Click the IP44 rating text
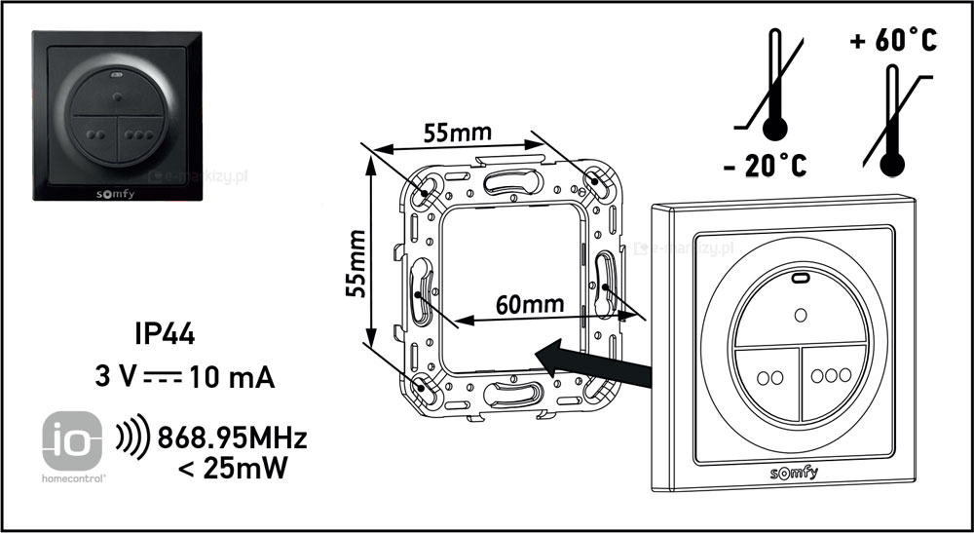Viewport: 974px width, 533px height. pyautogui.click(x=165, y=335)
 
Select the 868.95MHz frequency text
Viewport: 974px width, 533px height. pyautogui.click(x=231, y=438)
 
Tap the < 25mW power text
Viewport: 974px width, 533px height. pyautogui.click(x=233, y=470)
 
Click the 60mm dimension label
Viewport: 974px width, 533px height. pyautogui.click(x=531, y=304)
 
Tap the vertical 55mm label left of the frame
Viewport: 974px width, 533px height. pyautogui.click(x=357, y=263)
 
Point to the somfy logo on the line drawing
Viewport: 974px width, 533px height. pyautogui.click(x=795, y=474)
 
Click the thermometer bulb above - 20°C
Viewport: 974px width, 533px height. pyautogui.click(x=776, y=129)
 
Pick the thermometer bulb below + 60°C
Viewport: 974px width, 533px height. pyautogui.click(x=890, y=161)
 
